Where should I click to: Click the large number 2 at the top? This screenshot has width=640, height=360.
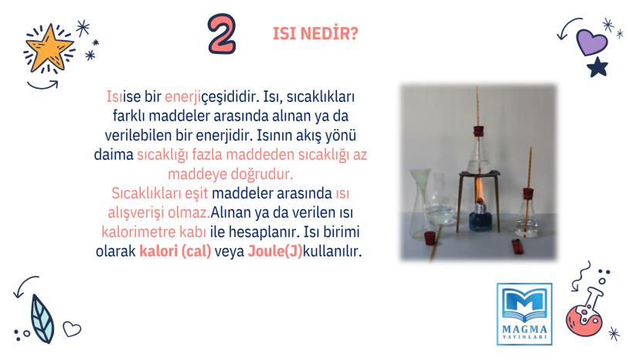(x=222, y=34)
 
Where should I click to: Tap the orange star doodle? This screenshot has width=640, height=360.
(x=49, y=48)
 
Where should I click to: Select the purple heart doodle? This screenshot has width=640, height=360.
(x=591, y=42)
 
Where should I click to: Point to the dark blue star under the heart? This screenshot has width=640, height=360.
(x=597, y=67)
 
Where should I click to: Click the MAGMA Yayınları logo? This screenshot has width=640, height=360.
(x=525, y=314)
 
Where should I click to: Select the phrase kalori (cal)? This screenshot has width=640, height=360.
(x=175, y=250)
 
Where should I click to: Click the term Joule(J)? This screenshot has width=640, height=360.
(x=274, y=250)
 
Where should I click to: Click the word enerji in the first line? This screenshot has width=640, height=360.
(x=182, y=97)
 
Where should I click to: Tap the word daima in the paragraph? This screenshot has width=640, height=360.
(x=114, y=155)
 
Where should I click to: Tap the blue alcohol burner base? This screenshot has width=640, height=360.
(x=481, y=221)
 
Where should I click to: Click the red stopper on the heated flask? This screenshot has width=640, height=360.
(x=478, y=131)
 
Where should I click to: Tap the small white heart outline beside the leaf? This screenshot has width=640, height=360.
(x=72, y=328)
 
